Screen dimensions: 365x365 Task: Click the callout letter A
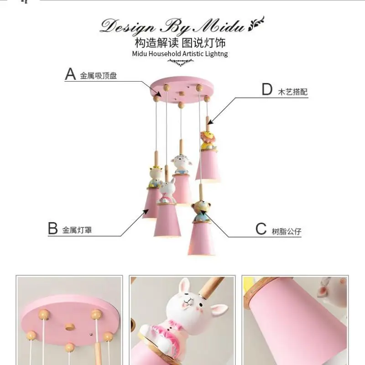point(70,74)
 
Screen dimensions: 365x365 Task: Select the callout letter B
point(53,229)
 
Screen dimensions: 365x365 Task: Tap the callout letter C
point(261,229)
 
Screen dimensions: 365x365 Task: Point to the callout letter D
point(267,89)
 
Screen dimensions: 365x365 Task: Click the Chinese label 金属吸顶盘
point(99,76)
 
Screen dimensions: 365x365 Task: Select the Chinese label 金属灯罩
point(77,230)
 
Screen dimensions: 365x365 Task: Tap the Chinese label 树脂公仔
point(287,231)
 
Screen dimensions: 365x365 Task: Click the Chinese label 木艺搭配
point(293,92)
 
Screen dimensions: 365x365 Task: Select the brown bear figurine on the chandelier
point(200,210)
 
